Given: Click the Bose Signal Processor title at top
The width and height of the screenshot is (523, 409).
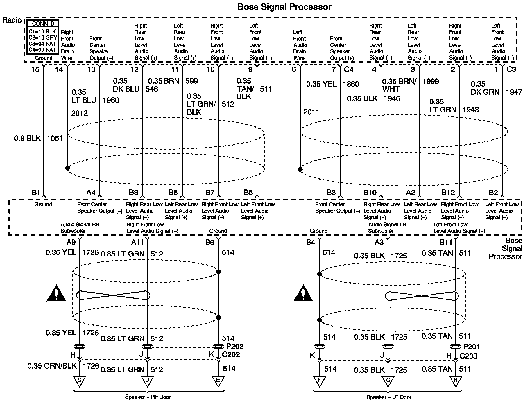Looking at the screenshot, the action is (x=284, y=7).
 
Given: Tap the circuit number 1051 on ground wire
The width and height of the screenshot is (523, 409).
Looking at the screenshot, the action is (x=55, y=138).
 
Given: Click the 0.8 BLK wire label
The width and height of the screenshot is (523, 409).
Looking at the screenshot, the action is (x=27, y=138).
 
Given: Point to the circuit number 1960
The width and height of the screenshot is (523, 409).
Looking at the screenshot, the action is (x=111, y=100).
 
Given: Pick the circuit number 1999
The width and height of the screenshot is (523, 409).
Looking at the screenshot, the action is (x=430, y=81).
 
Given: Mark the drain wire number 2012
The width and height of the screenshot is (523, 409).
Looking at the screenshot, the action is (x=79, y=113).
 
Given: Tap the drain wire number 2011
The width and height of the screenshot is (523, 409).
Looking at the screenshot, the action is (x=311, y=112).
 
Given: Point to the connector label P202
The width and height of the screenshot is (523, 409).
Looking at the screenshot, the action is (x=235, y=347).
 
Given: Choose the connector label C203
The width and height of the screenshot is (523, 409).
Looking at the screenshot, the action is (x=468, y=356).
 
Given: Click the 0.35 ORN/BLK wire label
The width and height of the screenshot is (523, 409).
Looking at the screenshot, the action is (x=52, y=366).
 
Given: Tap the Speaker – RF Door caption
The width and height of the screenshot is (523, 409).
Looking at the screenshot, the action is (x=148, y=397).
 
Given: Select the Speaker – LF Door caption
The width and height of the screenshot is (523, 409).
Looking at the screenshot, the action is (x=389, y=397).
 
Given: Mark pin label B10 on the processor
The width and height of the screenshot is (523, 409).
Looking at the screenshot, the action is (x=370, y=192).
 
